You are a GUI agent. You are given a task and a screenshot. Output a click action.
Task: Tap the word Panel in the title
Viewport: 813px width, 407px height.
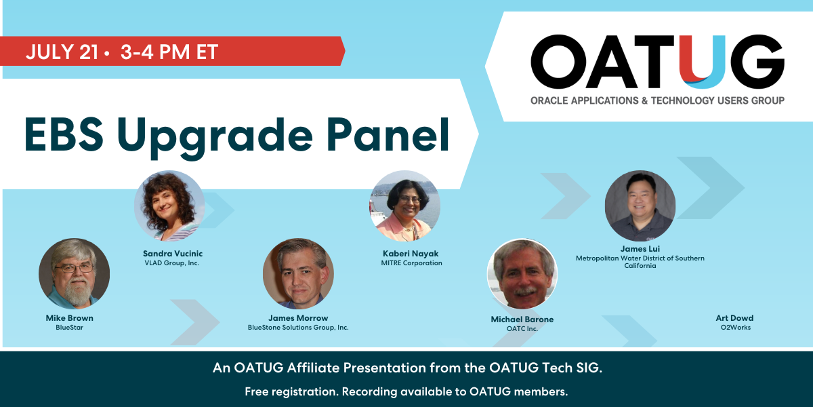(388, 135)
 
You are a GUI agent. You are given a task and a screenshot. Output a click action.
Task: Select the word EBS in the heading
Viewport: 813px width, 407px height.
(64, 134)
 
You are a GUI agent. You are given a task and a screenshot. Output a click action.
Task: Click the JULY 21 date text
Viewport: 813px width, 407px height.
(62, 52)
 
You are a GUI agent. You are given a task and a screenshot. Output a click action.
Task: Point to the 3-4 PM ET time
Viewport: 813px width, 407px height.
(169, 52)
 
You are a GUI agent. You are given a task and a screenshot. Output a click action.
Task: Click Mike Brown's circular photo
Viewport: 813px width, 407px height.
(74, 273)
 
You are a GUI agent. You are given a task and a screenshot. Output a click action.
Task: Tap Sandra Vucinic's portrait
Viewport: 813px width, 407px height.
(169, 206)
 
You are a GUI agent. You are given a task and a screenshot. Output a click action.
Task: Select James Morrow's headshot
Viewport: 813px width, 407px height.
(298, 273)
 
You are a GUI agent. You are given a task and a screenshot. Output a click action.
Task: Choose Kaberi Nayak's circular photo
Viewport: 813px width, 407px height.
(405, 206)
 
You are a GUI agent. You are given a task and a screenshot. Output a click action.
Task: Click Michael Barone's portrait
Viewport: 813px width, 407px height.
(522, 273)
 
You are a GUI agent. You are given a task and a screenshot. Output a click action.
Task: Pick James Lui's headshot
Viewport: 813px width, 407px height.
(640, 206)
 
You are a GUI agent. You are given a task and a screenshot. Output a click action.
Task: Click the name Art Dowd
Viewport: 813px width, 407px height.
(734, 318)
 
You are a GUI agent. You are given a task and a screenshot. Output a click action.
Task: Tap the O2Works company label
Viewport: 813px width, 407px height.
(736, 328)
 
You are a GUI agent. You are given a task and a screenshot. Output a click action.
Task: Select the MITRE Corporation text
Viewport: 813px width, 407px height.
(412, 263)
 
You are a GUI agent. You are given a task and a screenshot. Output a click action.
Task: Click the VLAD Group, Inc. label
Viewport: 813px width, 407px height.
(171, 263)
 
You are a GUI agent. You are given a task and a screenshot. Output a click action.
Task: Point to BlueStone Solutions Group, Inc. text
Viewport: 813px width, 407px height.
(298, 328)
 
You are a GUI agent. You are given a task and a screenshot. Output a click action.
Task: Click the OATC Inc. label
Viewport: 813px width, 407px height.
(522, 328)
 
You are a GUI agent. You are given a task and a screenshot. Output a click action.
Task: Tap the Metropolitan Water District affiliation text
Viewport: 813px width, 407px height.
(640, 262)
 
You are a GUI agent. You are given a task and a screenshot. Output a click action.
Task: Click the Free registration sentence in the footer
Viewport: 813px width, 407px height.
(406, 392)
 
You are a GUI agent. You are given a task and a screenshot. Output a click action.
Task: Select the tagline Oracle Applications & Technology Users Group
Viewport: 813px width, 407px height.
(657, 100)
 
